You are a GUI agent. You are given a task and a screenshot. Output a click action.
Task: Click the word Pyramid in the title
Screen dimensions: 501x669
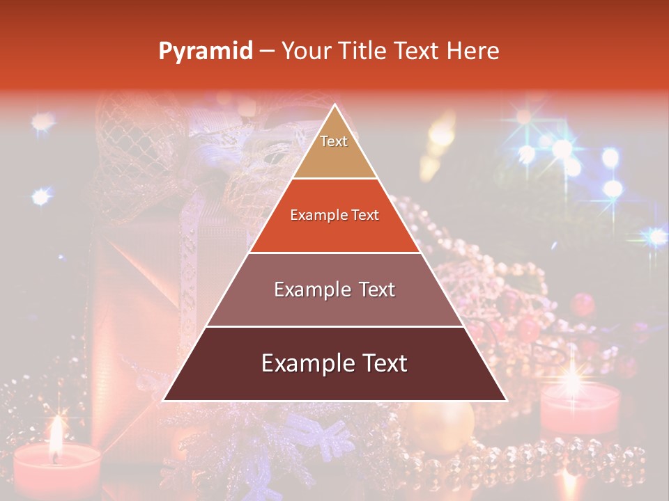206,51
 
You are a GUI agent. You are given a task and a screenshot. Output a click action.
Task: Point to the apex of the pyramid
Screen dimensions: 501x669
334,106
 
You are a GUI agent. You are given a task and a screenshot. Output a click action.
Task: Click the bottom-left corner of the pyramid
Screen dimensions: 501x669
164,399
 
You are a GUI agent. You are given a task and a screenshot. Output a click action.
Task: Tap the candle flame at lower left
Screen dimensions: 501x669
55,435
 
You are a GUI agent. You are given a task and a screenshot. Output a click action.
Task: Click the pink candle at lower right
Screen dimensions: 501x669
580,407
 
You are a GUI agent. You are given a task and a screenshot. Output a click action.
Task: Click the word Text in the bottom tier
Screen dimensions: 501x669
381,363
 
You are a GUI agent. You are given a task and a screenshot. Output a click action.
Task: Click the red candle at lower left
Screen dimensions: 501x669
56,470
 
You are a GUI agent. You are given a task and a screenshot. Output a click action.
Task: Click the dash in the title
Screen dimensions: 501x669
267,51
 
